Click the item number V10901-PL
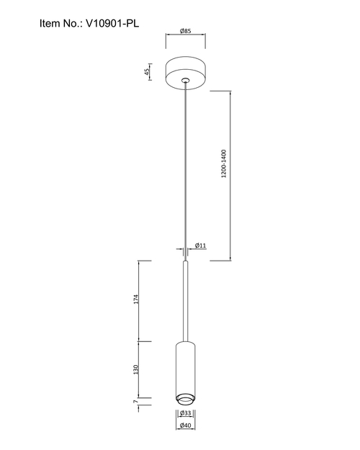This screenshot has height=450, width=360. [112, 23]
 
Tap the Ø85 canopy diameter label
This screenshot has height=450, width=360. [186, 31]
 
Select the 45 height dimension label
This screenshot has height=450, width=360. [147, 72]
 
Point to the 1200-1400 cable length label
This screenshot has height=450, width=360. [224, 163]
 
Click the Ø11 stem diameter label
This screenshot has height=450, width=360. [200, 246]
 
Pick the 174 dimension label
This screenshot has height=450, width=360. [136, 299]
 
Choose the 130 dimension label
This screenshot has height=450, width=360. [136, 369]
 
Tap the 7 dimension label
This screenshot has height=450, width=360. [135, 402]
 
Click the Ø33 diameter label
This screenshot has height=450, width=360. [186, 413]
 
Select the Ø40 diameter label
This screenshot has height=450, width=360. [186, 426]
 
